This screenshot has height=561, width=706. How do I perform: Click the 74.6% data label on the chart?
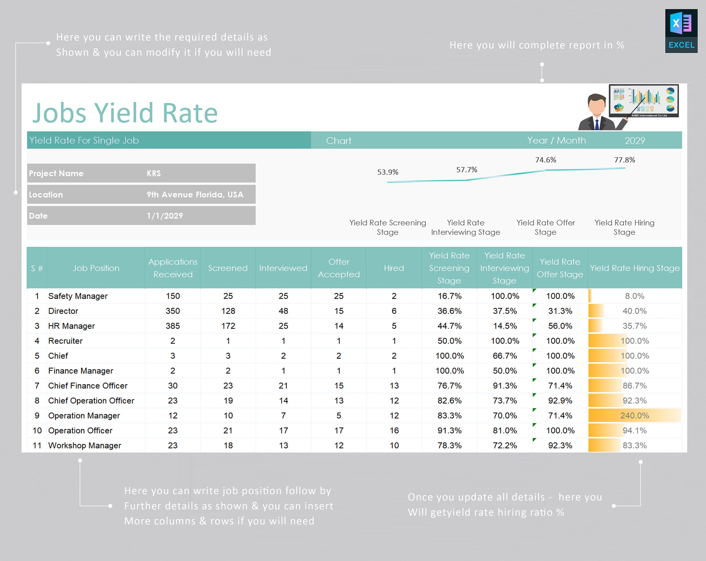tap(546, 160)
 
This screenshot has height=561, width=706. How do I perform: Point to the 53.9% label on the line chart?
tap(388, 172)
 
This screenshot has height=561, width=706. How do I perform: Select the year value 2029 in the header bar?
tap(635, 140)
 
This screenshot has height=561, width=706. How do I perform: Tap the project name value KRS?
tap(154, 173)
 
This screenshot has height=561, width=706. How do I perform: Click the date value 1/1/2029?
tap(165, 216)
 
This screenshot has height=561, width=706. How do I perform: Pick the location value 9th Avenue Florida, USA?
tap(195, 195)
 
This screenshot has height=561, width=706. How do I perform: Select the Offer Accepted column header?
tap(339, 268)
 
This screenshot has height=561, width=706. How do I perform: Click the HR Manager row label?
tap(71, 326)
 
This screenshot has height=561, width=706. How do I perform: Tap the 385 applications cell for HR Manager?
tap(172, 326)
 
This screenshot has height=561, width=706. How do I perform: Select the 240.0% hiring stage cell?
tap(634, 416)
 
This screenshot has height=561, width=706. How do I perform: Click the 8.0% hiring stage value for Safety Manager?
tap(634, 296)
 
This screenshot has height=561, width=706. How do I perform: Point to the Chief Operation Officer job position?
tap(91, 401)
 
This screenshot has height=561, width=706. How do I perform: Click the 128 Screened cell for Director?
tap(228, 311)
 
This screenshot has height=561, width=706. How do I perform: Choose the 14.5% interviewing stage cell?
tap(505, 326)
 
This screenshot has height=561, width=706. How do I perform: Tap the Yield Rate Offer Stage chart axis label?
tap(546, 227)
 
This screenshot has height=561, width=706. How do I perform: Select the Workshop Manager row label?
tap(84, 445)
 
